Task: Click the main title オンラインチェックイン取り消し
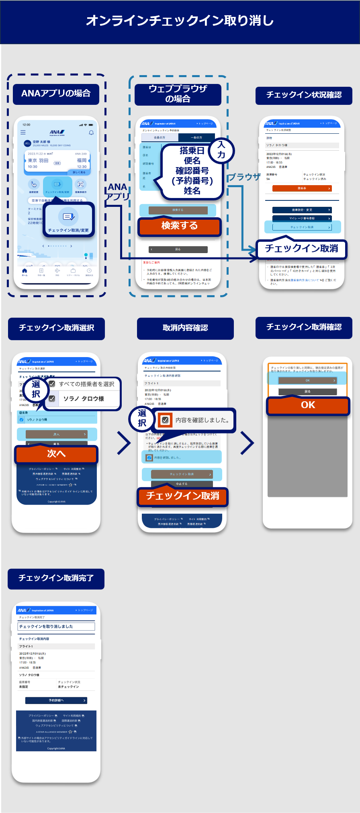[x=180, y=20]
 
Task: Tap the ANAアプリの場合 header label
[x=56, y=94]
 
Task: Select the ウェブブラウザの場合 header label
[x=178, y=94]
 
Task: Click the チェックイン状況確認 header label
[x=304, y=95]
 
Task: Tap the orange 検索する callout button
[x=179, y=226]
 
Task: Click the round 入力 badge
[x=221, y=150]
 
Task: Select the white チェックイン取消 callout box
[x=301, y=249]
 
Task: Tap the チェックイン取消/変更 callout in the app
[x=69, y=219]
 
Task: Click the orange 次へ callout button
[x=56, y=454]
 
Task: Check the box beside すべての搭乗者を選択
[x=52, y=384]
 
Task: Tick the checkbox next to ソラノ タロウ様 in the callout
[x=52, y=398]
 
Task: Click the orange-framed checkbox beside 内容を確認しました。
[x=165, y=420]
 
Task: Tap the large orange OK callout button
[x=308, y=405]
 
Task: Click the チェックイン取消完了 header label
[x=56, y=578]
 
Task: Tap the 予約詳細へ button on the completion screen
[x=56, y=700]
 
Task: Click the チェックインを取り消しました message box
[x=56, y=626]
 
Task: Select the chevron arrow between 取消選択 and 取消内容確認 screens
[x=124, y=443]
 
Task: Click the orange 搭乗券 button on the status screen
[x=302, y=188]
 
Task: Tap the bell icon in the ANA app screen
[x=91, y=133]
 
